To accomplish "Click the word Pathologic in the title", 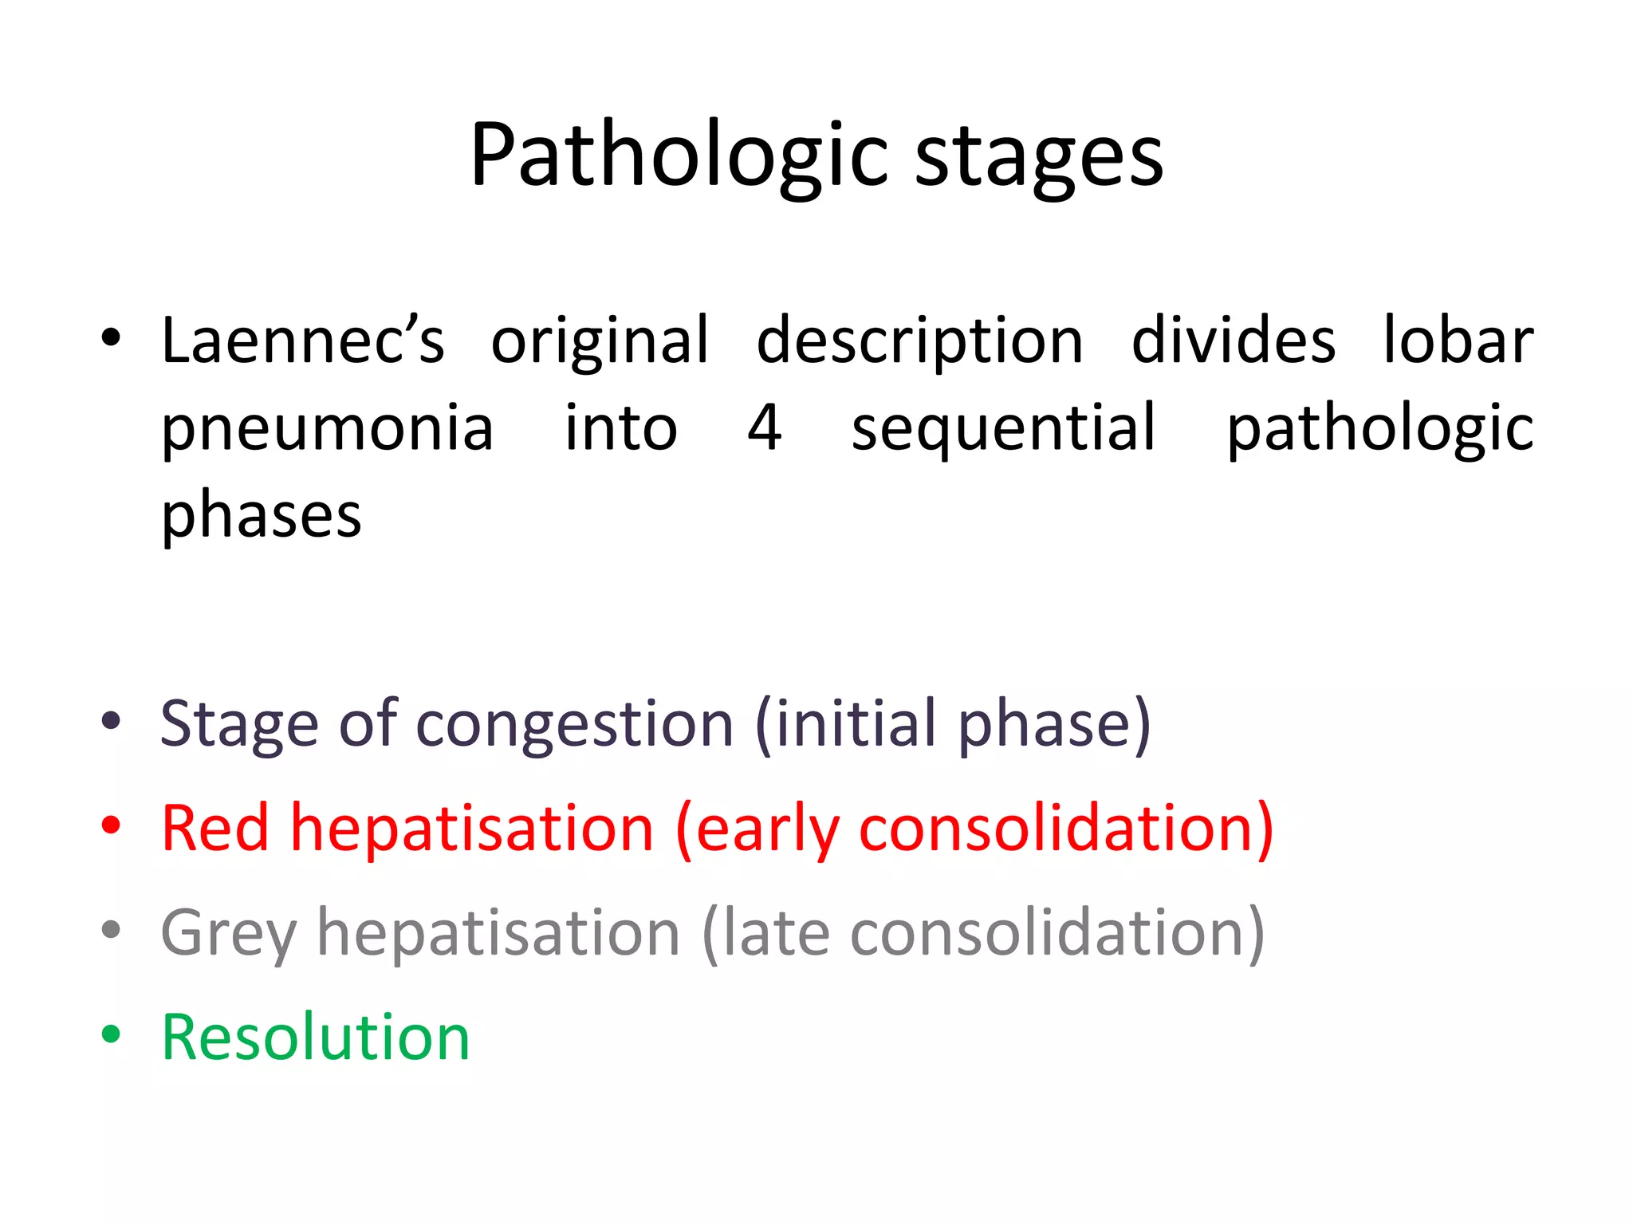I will click(x=679, y=156).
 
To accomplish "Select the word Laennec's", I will click(x=302, y=341).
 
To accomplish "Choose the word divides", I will click(x=1234, y=341).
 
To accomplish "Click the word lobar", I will click(x=1458, y=341).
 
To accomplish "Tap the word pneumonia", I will click(x=327, y=429).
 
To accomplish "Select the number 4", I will click(x=764, y=427).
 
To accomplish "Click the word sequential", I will click(x=1003, y=429).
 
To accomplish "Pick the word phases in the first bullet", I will click(x=262, y=517).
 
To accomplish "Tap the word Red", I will click(x=214, y=828).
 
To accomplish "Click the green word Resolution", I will click(x=316, y=1037).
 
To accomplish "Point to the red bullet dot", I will click(x=111, y=825).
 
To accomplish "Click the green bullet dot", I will click(x=111, y=1034).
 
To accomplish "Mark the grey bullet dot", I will click(x=111, y=930).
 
